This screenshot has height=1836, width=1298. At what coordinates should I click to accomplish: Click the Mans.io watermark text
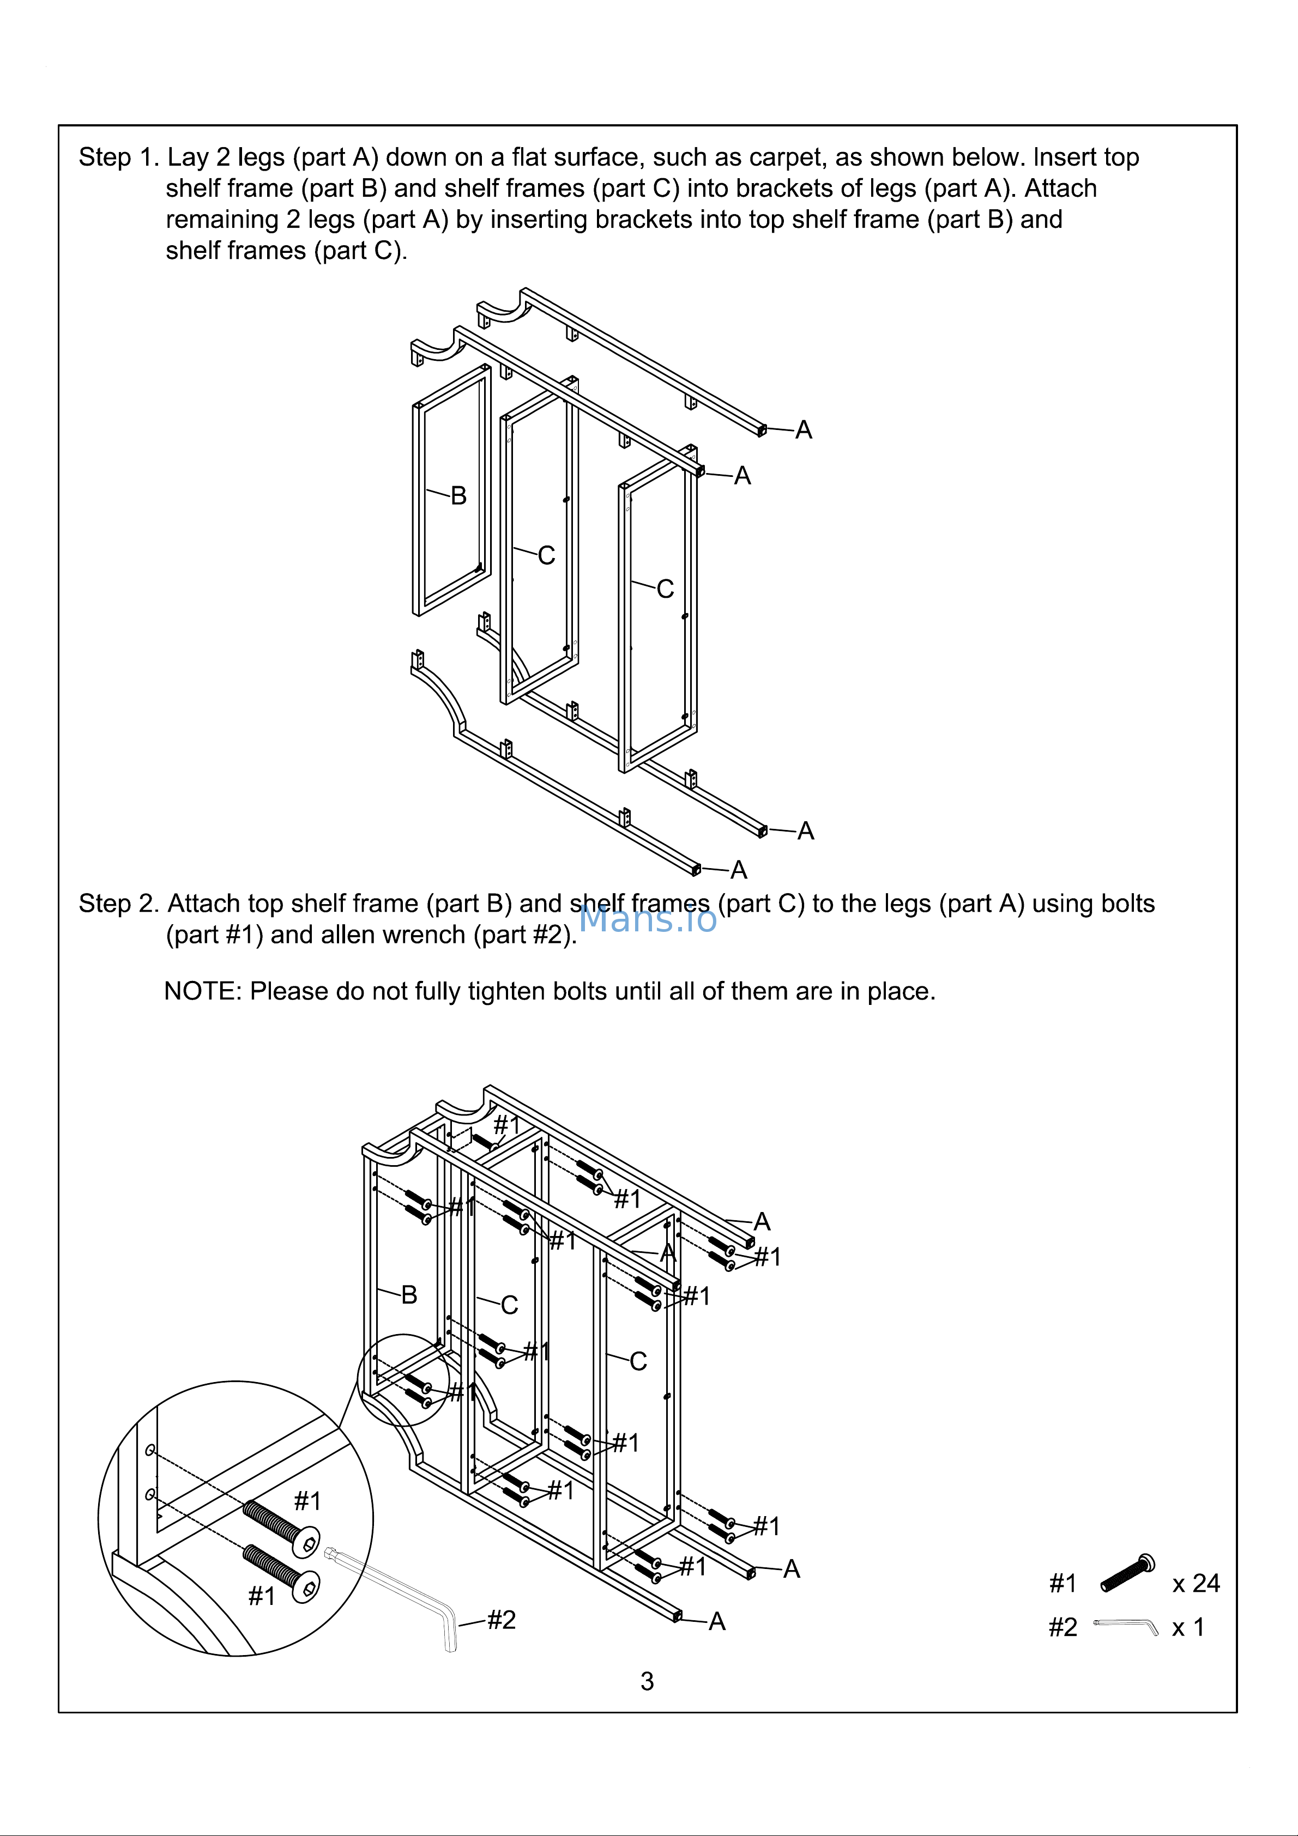(x=647, y=919)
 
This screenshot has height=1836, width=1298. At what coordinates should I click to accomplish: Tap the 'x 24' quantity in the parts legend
(x=1195, y=1583)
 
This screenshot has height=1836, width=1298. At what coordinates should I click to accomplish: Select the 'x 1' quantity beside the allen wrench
(x=1188, y=1627)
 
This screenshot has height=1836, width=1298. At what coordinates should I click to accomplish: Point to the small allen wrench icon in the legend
(x=1125, y=1626)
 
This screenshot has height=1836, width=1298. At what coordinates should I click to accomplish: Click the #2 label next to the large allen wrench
(x=502, y=1619)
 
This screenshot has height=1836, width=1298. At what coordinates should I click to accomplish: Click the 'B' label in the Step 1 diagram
(x=458, y=496)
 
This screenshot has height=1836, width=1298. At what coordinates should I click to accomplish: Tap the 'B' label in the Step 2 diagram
(x=409, y=1295)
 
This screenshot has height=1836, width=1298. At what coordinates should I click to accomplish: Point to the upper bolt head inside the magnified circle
(x=307, y=1542)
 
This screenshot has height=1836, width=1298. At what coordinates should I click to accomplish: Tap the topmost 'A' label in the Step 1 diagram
(x=804, y=430)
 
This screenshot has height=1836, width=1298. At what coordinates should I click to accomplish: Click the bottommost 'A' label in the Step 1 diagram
(x=738, y=870)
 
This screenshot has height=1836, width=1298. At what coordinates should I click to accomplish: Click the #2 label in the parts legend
(x=1063, y=1627)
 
